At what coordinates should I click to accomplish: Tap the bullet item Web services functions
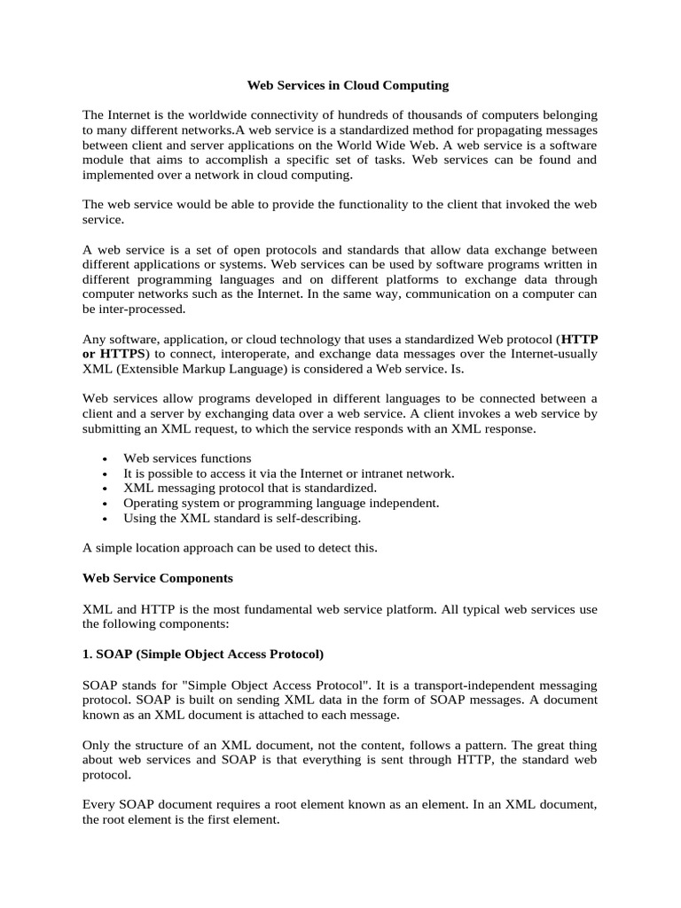pyautogui.click(x=187, y=458)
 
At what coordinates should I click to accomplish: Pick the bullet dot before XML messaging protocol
pyautogui.click(x=106, y=489)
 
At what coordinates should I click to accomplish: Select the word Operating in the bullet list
pyautogui.click(x=151, y=503)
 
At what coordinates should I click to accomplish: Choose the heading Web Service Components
pyautogui.click(x=158, y=578)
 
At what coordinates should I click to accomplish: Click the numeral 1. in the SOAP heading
pyautogui.click(x=88, y=654)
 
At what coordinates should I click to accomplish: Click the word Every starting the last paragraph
pyautogui.click(x=98, y=805)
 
